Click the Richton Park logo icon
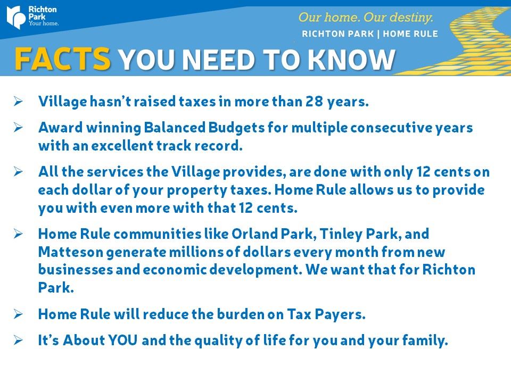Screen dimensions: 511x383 [x=16, y=17]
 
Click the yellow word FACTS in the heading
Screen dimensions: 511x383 [x=63, y=59]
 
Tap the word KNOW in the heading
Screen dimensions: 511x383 [x=351, y=60]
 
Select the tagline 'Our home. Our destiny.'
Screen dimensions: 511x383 [x=366, y=17]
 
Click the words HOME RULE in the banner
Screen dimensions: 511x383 [x=410, y=34]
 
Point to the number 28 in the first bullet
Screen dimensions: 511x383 [x=314, y=102]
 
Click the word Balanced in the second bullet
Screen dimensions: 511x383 [x=175, y=127]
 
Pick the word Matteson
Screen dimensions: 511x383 [x=70, y=252]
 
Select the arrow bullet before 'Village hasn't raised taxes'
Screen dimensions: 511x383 [x=18, y=101]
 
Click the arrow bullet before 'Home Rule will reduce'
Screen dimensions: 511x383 [x=18, y=314]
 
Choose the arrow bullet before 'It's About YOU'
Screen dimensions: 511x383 [x=18, y=340]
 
